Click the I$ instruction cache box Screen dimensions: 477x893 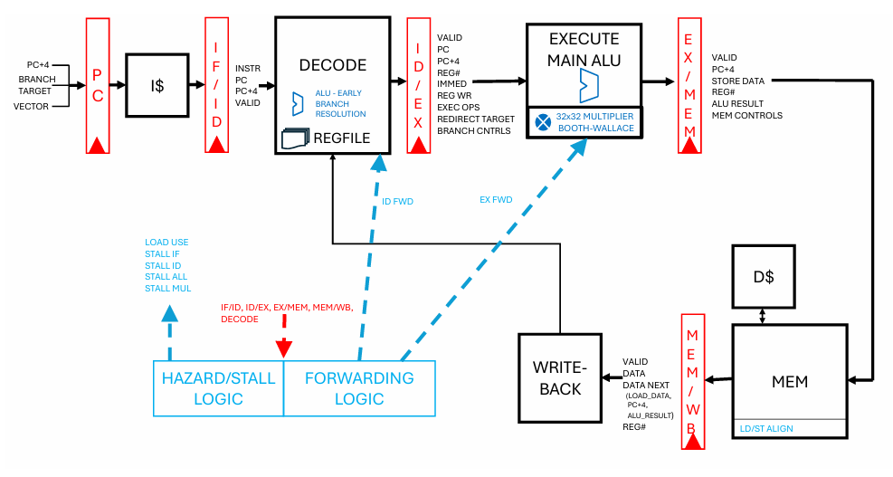click(x=157, y=84)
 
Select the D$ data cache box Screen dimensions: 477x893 click(x=762, y=276)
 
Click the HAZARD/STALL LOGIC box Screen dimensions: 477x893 click(x=218, y=388)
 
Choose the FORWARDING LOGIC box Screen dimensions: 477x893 click(x=359, y=388)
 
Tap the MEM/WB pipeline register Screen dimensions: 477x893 click(x=692, y=380)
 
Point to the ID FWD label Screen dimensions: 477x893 click(x=397, y=202)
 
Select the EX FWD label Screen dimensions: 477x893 click(x=495, y=199)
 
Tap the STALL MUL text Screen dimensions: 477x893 click(x=166, y=289)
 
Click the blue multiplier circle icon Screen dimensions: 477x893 click(x=544, y=121)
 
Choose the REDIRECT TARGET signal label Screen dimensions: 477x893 click(x=476, y=119)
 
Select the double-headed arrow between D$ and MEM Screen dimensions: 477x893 click(x=762, y=314)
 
